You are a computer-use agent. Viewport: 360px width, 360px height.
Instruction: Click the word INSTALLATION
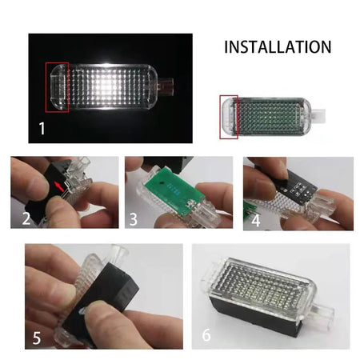[278, 47]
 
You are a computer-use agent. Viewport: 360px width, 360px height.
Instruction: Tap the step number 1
[42, 128]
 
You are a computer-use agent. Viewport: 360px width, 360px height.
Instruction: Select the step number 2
[26, 218]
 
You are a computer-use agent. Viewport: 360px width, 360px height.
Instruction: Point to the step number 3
[134, 219]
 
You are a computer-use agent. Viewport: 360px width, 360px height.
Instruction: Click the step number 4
[255, 220]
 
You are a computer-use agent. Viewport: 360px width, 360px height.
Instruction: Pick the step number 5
[37, 338]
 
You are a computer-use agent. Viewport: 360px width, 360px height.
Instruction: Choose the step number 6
[206, 334]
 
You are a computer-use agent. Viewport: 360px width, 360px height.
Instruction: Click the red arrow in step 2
[59, 186]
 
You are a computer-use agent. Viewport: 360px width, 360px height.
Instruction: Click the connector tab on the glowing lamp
[166, 86]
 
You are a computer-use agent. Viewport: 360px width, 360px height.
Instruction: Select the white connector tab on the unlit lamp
[318, 115]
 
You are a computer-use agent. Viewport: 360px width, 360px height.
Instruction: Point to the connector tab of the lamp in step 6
[322, 316]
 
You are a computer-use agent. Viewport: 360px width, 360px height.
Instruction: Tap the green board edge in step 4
[250, 210]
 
